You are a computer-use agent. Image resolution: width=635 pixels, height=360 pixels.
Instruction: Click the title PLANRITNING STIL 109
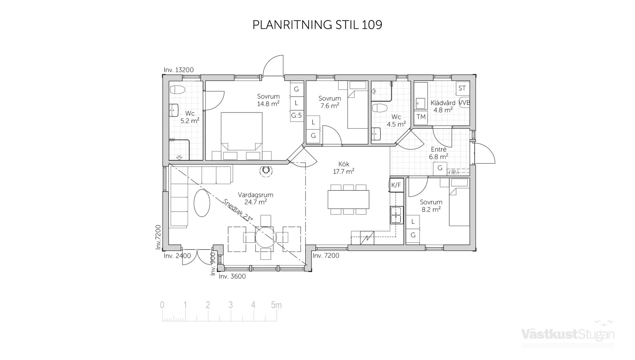317,25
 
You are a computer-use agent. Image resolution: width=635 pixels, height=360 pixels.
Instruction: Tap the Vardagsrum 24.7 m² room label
255,198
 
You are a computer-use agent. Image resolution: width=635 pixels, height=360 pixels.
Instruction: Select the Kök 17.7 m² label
344,168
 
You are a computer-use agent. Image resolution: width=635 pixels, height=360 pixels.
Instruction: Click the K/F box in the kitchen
396,185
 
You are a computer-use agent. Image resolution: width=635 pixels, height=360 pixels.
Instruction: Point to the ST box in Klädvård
462,88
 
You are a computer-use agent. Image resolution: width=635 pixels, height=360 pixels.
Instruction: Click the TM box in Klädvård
421,117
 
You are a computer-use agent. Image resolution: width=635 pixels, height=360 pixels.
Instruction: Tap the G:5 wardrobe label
296,115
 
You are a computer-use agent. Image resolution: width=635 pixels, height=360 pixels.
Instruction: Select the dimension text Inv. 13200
179,70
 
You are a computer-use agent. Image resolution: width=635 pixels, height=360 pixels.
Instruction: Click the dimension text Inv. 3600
232,276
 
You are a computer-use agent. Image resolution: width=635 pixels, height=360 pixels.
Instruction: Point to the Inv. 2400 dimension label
177,256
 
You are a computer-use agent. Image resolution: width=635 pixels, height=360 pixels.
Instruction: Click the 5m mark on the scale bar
276,305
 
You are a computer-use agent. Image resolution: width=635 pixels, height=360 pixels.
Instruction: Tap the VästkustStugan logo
568,334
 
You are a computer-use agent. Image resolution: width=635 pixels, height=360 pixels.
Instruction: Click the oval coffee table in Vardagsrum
201,203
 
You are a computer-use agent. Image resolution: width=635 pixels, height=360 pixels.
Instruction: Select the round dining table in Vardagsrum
265,237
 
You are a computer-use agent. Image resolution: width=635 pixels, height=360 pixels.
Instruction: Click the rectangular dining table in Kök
348,199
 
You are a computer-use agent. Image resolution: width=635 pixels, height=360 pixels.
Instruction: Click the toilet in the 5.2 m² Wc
177,90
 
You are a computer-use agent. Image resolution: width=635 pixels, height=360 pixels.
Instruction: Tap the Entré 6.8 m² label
439,153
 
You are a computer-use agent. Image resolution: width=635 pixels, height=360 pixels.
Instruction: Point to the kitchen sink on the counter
396,215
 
